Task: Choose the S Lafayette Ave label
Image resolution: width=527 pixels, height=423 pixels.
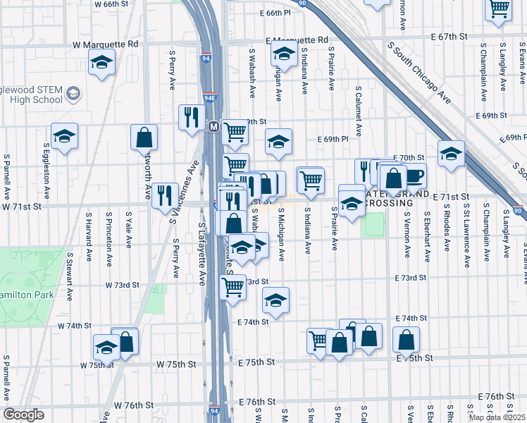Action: click(201, 255)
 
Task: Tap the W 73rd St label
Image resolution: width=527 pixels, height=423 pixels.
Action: click(123, 285)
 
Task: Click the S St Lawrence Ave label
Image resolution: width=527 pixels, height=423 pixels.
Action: click(467, 235)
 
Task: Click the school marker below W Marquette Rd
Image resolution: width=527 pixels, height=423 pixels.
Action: click(101, 63)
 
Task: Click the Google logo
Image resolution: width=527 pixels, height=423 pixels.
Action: click(23, 415)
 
